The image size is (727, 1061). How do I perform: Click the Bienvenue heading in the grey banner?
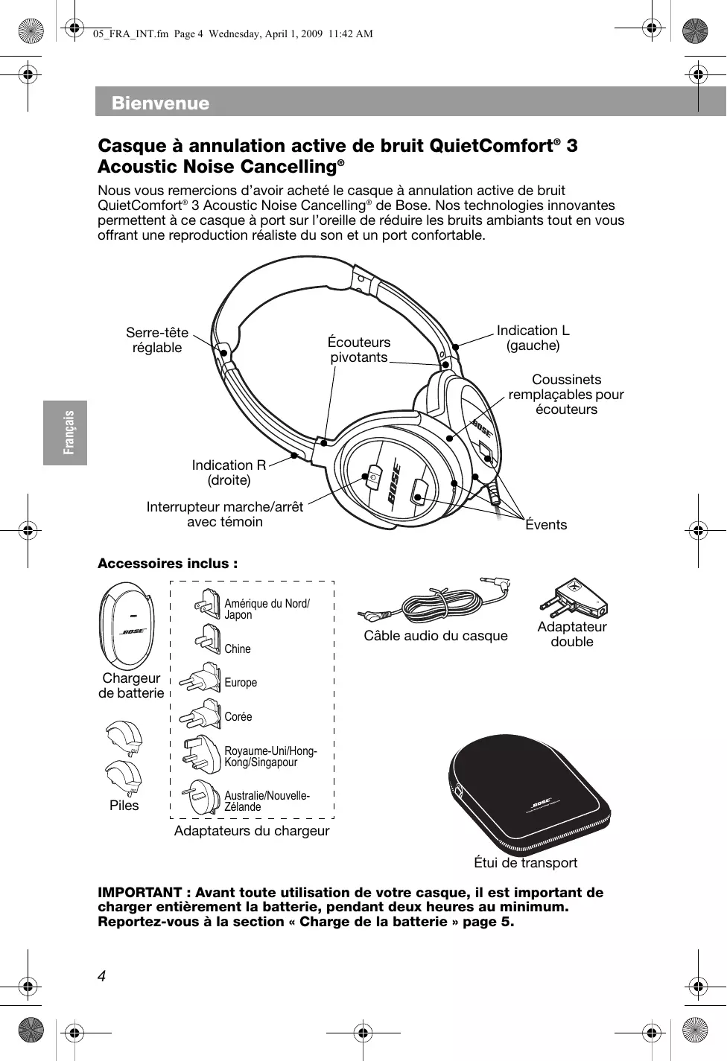[160, 103]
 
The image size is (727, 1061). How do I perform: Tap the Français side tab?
[66, 433]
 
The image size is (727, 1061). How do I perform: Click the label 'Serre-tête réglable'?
[157, 340]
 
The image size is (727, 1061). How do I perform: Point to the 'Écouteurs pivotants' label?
[359, 350]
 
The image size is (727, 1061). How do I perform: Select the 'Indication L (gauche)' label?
[533, 338]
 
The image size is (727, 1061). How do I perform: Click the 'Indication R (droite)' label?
[229, 473]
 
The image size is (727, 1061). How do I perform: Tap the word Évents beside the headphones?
[546, 525]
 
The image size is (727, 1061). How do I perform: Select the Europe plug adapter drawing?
[202, 679]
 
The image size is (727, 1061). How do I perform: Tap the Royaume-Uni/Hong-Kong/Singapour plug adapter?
[202, 754]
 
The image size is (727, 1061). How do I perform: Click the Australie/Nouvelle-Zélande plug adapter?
[203, 797]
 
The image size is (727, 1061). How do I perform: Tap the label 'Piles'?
[124, 806]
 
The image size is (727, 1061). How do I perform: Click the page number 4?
[102, 976]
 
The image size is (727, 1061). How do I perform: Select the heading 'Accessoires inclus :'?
[168, 564]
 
